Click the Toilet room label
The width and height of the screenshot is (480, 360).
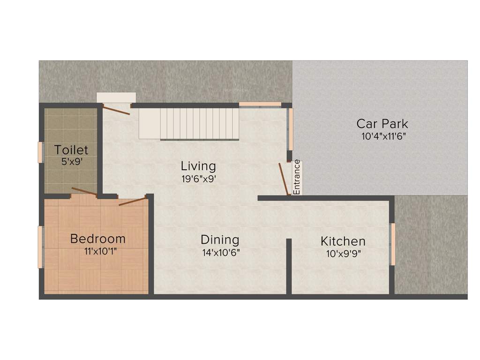[x=71, y=150]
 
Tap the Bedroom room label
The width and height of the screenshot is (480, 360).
[x=97, y=239]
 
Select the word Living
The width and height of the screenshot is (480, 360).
[x=198, y=166]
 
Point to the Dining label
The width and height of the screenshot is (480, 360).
[x=220, y=240]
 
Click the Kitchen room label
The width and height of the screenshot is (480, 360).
[x=343, y=241]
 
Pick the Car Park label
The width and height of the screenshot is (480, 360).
[x=382, y=124]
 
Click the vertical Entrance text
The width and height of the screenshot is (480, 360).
[x=297, y=177]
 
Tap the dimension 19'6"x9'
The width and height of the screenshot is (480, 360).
[x=199, y=179]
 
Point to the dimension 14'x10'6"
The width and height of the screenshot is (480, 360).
[x=221, y=252]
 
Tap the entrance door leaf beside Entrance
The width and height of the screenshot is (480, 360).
[x=283, y=179]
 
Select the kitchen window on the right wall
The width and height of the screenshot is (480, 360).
[x=393, y=244]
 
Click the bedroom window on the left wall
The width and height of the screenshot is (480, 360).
[x=41, y=247]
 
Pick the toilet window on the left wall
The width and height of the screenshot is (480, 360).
[x=41, y=152]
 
